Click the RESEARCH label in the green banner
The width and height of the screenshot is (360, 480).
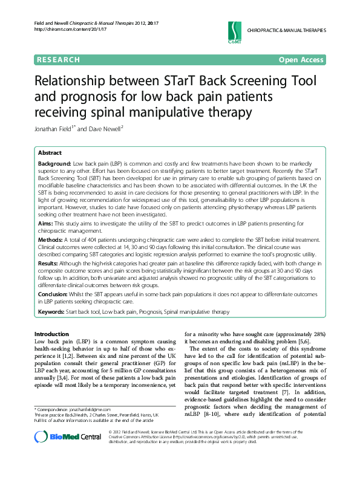coord(58,60)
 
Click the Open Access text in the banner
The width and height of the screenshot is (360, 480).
coord(301,60)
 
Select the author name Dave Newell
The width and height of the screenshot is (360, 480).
coord(104,128)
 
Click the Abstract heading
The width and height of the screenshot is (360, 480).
coord(50,153)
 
